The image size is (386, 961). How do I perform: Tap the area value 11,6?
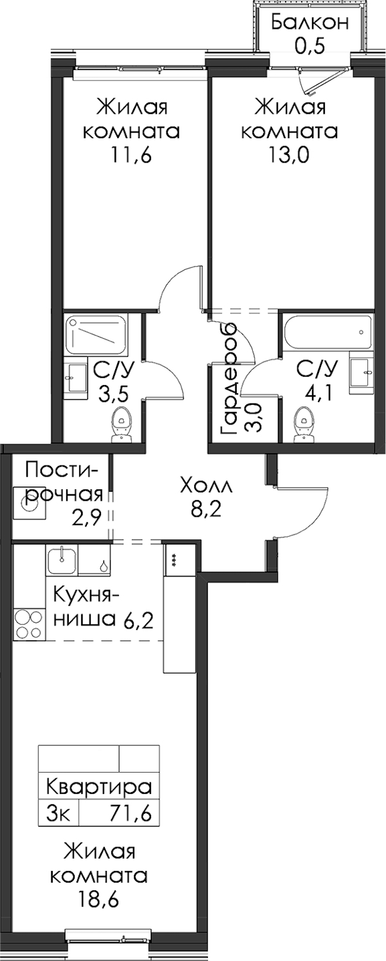131,156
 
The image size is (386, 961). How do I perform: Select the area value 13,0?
289,156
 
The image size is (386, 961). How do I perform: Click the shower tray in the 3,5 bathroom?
97,335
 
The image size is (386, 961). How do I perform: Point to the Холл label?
206,487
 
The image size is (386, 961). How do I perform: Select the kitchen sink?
62,559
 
